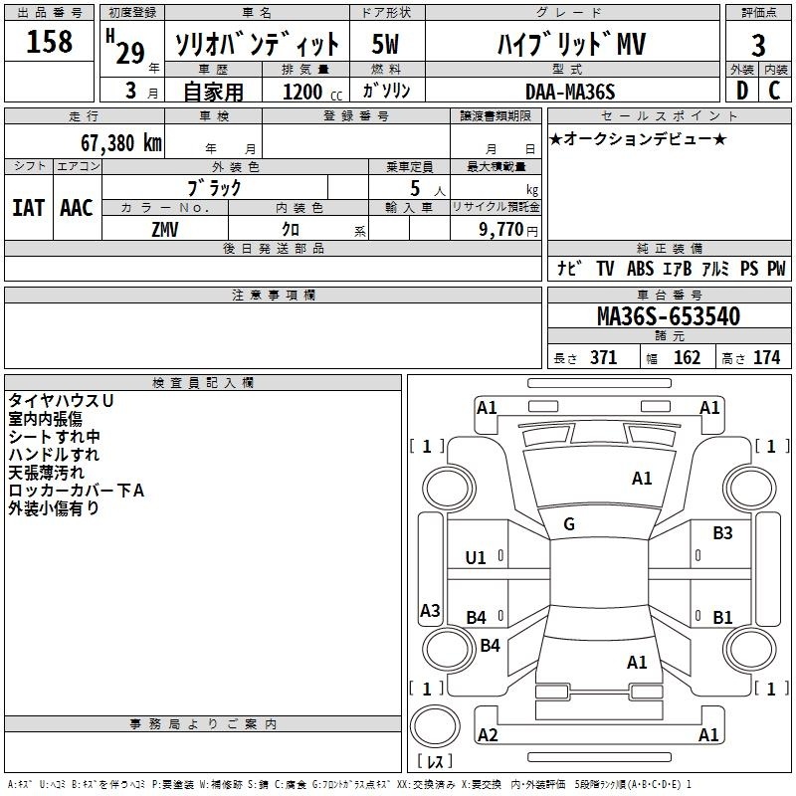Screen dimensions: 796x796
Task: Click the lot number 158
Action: tap(49, 43)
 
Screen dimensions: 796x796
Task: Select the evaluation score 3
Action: tap(758, 46)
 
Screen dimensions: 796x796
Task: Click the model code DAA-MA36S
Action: tap(570, 93)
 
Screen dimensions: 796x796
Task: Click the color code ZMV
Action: tap(165, 228)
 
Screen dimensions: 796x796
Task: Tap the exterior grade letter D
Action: tap(741, 92)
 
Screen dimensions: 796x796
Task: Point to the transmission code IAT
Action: tap(29, 207)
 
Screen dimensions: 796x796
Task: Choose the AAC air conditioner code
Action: tap(77, 207)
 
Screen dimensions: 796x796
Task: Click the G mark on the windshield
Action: tap(568, 524)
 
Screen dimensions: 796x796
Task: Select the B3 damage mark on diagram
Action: tap(722, 533)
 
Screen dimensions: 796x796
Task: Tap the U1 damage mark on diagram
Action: tap(476, 557)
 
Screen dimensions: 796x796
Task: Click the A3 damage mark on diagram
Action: tap(430, 611)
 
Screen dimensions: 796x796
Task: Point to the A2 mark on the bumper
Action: tap(488, 735)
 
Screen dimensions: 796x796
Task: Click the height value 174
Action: tap(766, 358)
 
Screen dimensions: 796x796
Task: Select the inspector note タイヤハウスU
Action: tap(61, 400)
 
